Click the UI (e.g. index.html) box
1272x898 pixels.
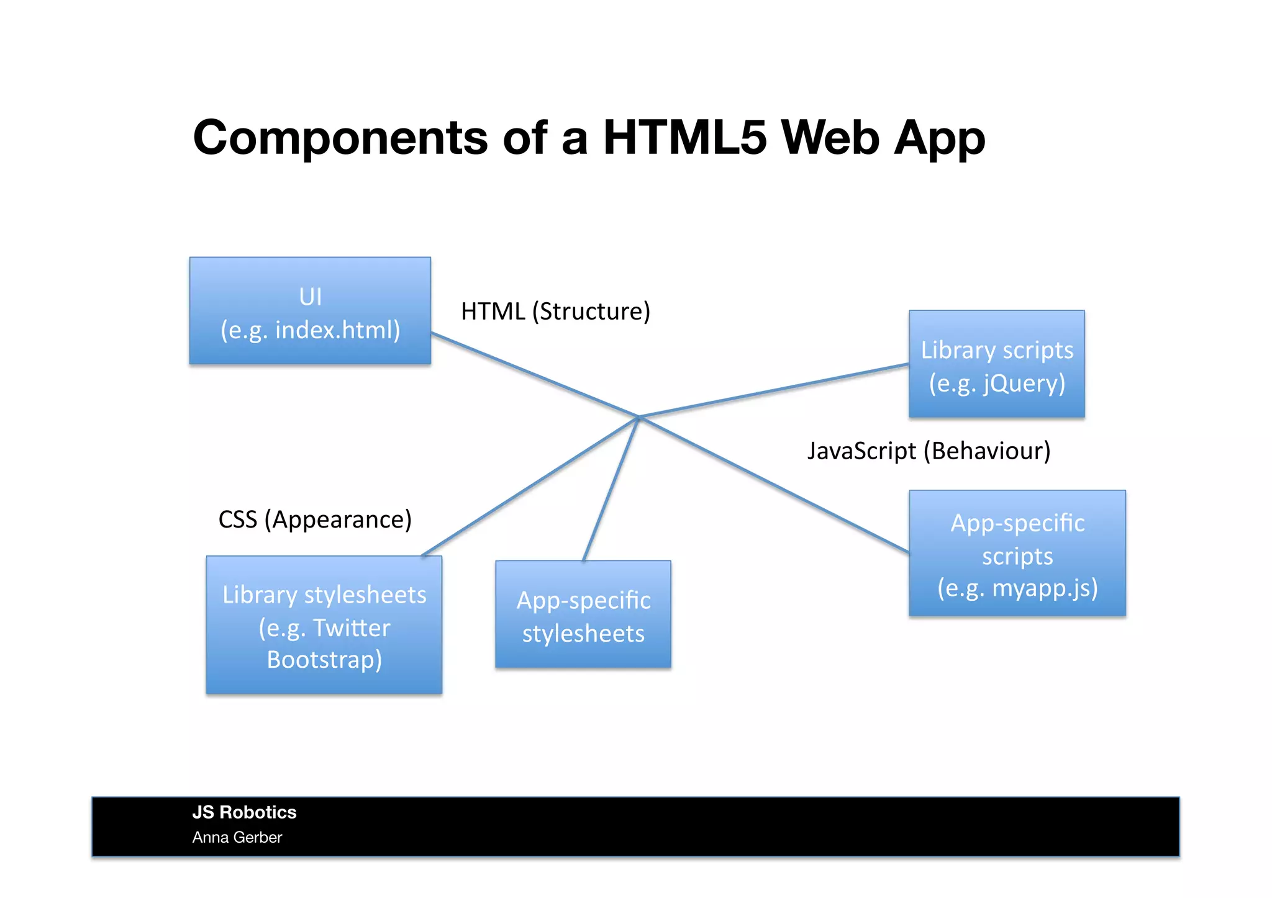310,311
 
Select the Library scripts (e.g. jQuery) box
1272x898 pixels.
996,364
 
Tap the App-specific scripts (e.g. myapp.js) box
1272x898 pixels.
1017,554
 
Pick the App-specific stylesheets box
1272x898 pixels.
583,614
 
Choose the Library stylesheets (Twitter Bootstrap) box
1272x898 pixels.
324,625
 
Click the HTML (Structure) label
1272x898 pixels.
555,312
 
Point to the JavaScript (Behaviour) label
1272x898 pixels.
929,451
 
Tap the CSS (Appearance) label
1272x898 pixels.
315,520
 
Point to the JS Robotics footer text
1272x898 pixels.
244,812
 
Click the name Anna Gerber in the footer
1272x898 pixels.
237,838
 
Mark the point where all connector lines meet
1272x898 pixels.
638,417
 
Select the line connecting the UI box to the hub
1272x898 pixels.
534,375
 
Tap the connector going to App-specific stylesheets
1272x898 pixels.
611,489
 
